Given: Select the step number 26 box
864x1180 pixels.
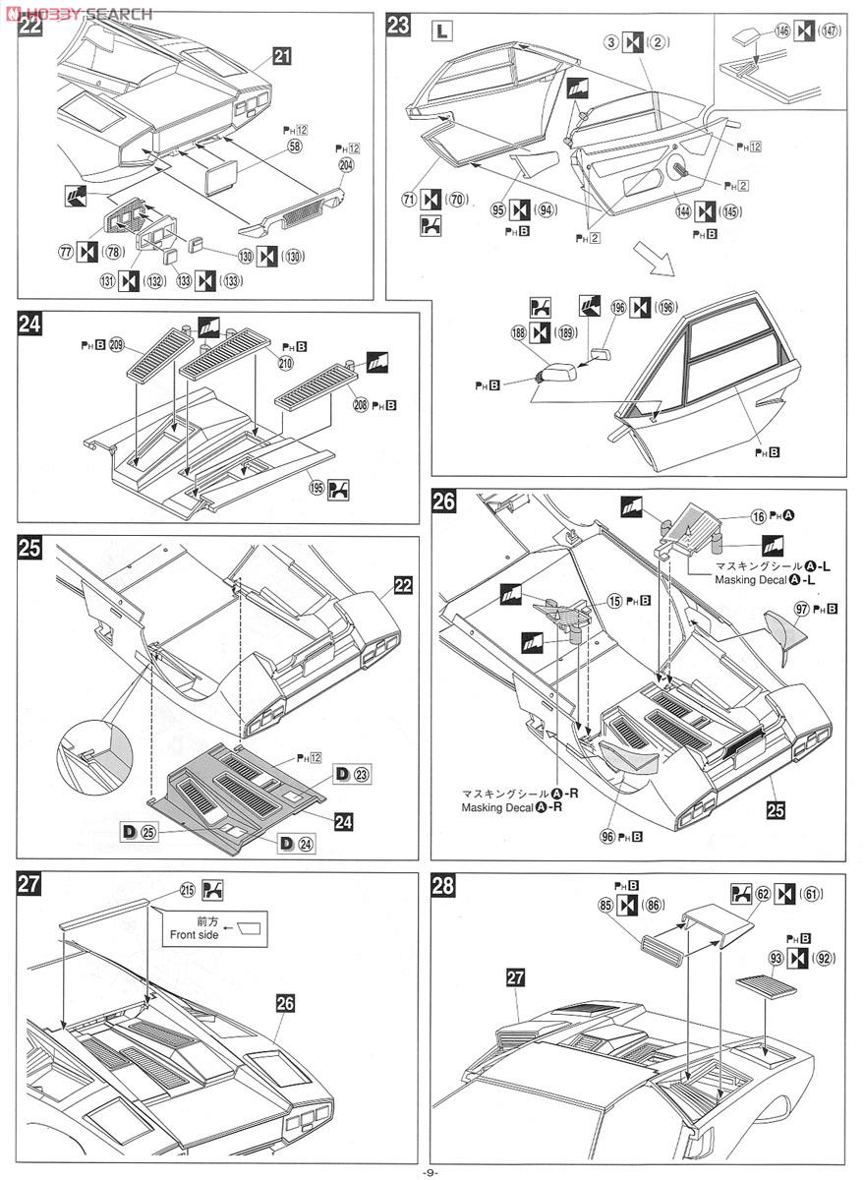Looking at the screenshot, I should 444,502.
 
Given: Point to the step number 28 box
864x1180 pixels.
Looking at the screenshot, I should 444,886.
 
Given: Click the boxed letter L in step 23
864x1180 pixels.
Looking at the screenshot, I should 442,30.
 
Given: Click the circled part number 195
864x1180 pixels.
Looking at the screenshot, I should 315,489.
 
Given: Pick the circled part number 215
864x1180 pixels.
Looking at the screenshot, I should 188,890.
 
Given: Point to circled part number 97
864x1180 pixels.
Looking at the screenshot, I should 801,609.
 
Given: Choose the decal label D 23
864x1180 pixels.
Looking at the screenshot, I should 352,773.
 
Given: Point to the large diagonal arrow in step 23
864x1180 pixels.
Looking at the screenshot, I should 655,259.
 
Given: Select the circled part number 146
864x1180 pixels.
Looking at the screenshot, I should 781,31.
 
